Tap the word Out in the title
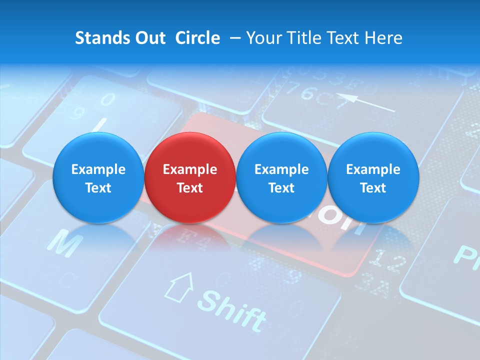(x=148, y=38)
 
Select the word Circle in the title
(x=197, y=38)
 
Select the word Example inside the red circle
(x=190, y=169)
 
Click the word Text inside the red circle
(x=190, y=188)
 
